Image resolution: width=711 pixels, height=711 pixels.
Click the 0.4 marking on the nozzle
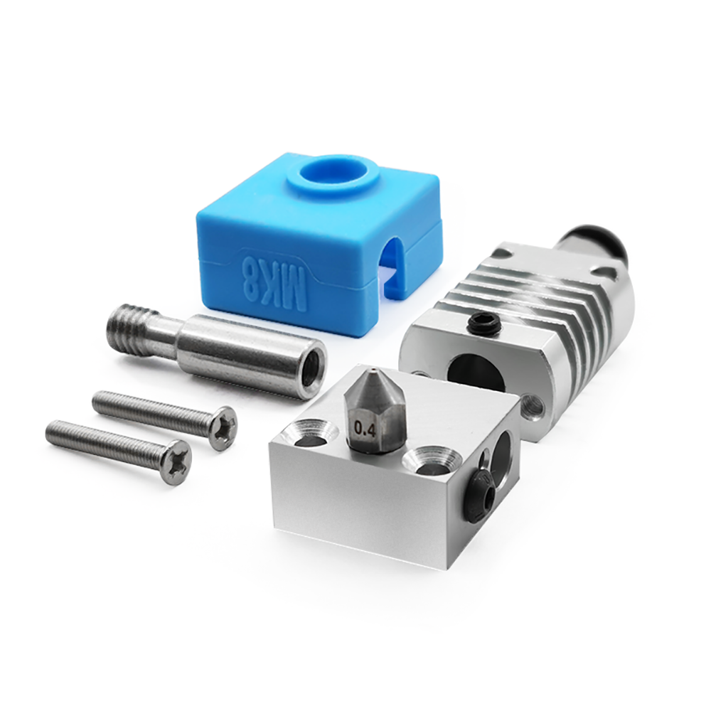tap(365, 429)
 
